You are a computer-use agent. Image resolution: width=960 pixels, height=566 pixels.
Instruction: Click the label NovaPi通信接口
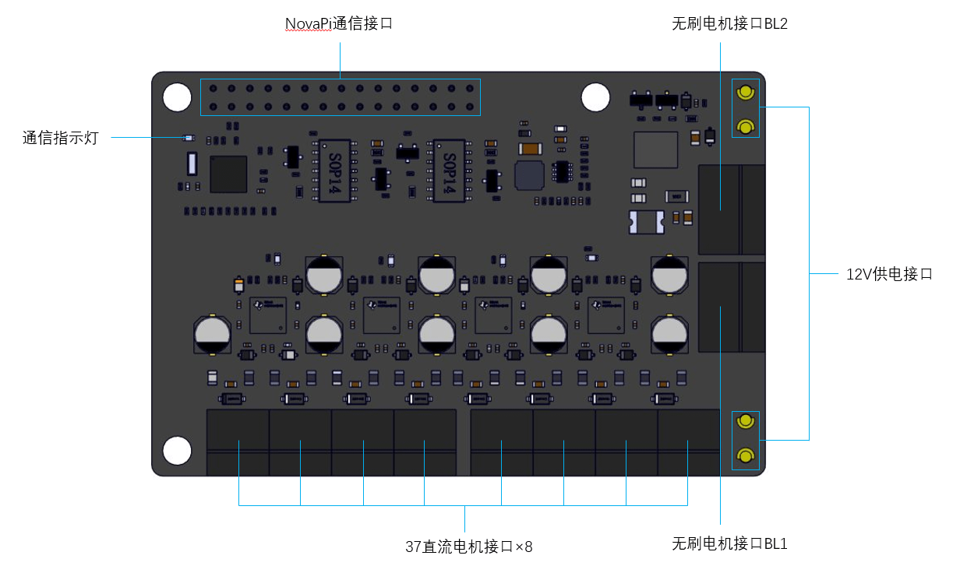(x=338, y=23)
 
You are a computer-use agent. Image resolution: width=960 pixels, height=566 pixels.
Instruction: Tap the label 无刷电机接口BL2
(x=729, y=23)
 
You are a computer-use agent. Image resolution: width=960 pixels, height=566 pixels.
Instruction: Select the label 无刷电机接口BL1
(x=729, y=543)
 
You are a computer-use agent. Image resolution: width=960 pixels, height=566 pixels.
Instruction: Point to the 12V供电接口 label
(x=889, y=274)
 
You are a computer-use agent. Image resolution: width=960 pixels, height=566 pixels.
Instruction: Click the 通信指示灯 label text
(x=61, y=138)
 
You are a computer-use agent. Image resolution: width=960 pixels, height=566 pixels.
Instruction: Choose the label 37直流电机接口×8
(x=469, y=547)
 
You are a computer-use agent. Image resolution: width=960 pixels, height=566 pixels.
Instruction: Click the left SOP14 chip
(x=335, y=171)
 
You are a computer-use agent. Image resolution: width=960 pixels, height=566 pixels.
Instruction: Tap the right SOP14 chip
(x=449, y=171)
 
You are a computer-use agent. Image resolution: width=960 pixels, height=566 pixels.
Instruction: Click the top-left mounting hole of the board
(x=177, y=97)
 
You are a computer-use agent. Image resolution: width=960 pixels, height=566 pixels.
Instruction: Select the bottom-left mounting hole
(x=177, y=451)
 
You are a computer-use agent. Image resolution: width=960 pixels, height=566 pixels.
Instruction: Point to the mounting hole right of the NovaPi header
(x=595, y=97)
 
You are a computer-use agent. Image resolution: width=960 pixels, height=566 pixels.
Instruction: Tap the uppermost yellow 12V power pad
(x=745, y=92)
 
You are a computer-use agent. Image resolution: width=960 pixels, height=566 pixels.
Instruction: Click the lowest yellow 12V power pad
(x=745, y=455)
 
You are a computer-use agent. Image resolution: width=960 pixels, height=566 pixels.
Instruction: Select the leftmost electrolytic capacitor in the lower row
(x=212, y=335)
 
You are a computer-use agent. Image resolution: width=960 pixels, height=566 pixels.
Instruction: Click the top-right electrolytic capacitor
(x=669, y=276)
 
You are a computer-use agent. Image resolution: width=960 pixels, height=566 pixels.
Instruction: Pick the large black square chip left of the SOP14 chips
(x=228, y=174)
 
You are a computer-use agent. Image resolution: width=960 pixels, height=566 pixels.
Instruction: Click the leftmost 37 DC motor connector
(x=238, y=442)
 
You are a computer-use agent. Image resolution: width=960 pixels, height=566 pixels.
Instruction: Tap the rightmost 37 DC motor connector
(x=689, y=442)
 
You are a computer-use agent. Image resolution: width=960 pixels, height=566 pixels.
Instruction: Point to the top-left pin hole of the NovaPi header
(x=213, y=89)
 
